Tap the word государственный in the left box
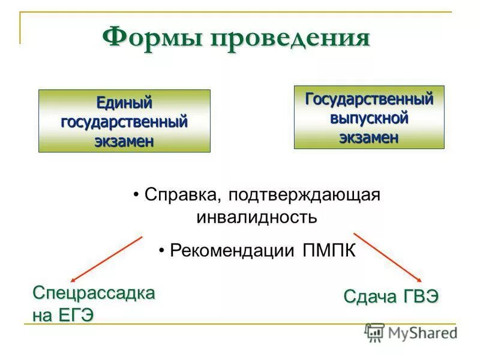124,122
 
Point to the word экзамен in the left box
124,142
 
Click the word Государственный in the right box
369,98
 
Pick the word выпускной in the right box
369,118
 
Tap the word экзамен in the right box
369,137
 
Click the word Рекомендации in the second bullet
232,250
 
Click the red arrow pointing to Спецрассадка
106,259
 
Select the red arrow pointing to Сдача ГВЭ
387,256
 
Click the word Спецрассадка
94,294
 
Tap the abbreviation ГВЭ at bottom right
417,296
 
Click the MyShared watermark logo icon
374,332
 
